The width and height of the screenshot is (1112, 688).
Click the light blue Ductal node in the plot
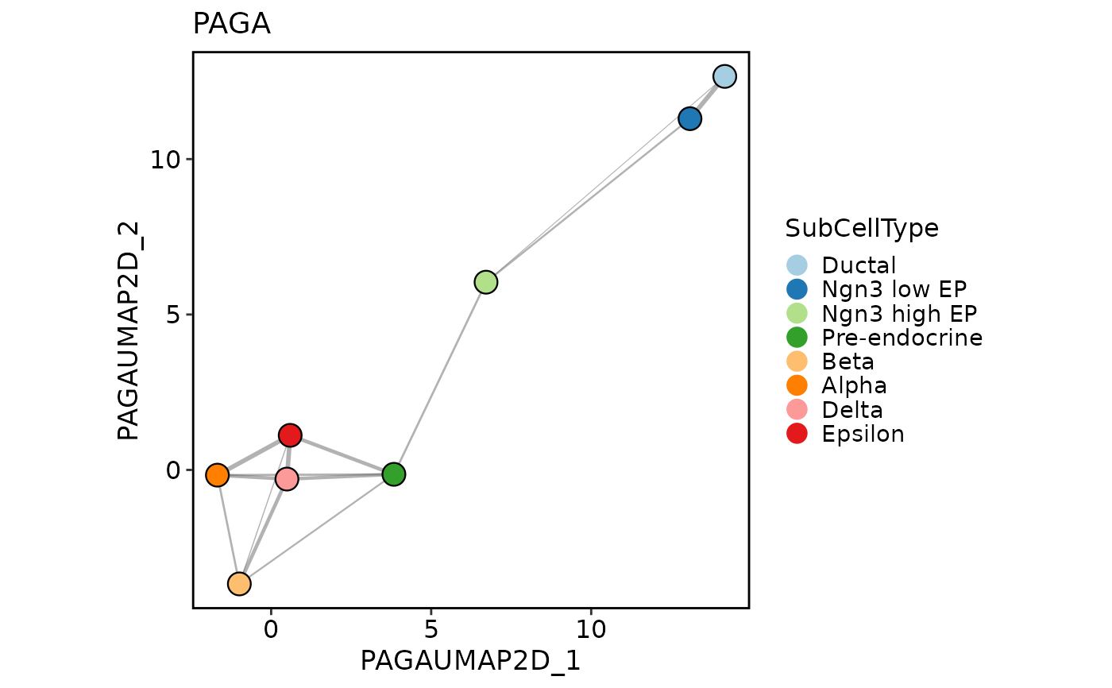click(x=724, y=76)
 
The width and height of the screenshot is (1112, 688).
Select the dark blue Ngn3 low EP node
click(x=689, y=118)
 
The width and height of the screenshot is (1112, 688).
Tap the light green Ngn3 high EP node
click(x=486, y=282)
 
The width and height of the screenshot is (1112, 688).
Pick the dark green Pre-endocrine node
click(x=393, y=474)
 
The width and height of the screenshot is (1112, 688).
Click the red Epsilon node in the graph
click(x=290, y=435)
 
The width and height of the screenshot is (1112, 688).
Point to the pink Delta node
click(x=287, y=479)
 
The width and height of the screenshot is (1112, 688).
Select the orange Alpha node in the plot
click(x=218, y=475)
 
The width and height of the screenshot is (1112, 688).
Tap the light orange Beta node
click(x=239, y=584)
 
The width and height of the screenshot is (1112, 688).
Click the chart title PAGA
click(x=231, y=25)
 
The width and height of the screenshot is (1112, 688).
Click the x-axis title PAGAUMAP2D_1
click(x=470, y=661)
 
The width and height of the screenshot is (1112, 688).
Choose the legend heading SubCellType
click(x=862, y=229)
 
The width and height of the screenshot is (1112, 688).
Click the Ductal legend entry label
click(x=859, y=265)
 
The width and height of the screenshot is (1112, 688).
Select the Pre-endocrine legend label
click(x=902, y=338)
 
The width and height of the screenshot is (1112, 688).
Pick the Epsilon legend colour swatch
click(x=797, y=434)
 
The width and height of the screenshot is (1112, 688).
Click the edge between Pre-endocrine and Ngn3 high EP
click(x=440, y=378)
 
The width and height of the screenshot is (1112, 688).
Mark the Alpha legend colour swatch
click(x=797, y=385)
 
